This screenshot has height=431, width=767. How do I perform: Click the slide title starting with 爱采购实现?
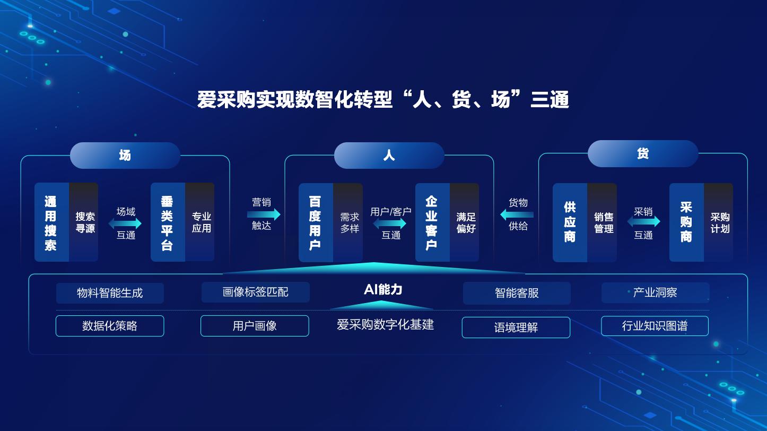click(x=383, y=100)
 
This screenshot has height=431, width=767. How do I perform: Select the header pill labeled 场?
click(x=125, y=156)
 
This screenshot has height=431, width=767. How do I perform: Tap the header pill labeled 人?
click(x=389, y=156)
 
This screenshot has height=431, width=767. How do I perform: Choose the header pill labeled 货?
click(x=643, y=154)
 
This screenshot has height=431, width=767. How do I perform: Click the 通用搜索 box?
click(x=66, y=222)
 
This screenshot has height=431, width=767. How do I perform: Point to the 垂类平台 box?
click(x=182, y=222)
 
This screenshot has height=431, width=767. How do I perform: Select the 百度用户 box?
click(x=330, y=223)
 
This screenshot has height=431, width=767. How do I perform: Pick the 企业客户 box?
click(x=447, y=223)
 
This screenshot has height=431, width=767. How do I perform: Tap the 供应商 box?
click(x=585, y=223)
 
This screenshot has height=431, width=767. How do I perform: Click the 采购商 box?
click(x=701, y=223)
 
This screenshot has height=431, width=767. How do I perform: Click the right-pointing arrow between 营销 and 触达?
click(x=264, y=214)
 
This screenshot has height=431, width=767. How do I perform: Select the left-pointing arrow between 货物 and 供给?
click(x=517, y=214)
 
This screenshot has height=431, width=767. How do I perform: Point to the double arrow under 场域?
click(x=125, y=223)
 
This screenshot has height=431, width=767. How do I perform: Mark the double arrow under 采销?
click(x=643, y=221)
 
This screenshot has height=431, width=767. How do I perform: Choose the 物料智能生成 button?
click(x=110, y=293)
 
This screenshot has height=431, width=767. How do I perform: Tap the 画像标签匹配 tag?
click(x=255, y=292)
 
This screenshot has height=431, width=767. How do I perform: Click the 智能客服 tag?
click(x=517, y=293)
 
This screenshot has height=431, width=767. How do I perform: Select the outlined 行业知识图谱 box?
click(x=655, y=326)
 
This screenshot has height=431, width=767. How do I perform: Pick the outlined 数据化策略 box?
click(x=110, y=326)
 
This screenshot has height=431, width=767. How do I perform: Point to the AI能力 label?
click(x=383, y=289)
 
